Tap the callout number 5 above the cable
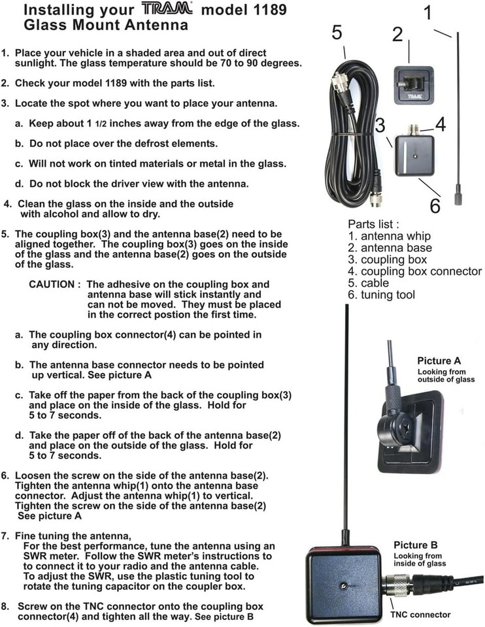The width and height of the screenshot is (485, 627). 337,33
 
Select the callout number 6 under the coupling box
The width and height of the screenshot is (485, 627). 435,205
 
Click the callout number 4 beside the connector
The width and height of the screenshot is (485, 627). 441,124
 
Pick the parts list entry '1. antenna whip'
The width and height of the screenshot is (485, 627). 389,236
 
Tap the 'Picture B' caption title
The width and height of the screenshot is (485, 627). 415,545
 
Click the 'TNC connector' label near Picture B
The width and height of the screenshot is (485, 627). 420,615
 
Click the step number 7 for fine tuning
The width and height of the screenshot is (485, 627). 5,536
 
